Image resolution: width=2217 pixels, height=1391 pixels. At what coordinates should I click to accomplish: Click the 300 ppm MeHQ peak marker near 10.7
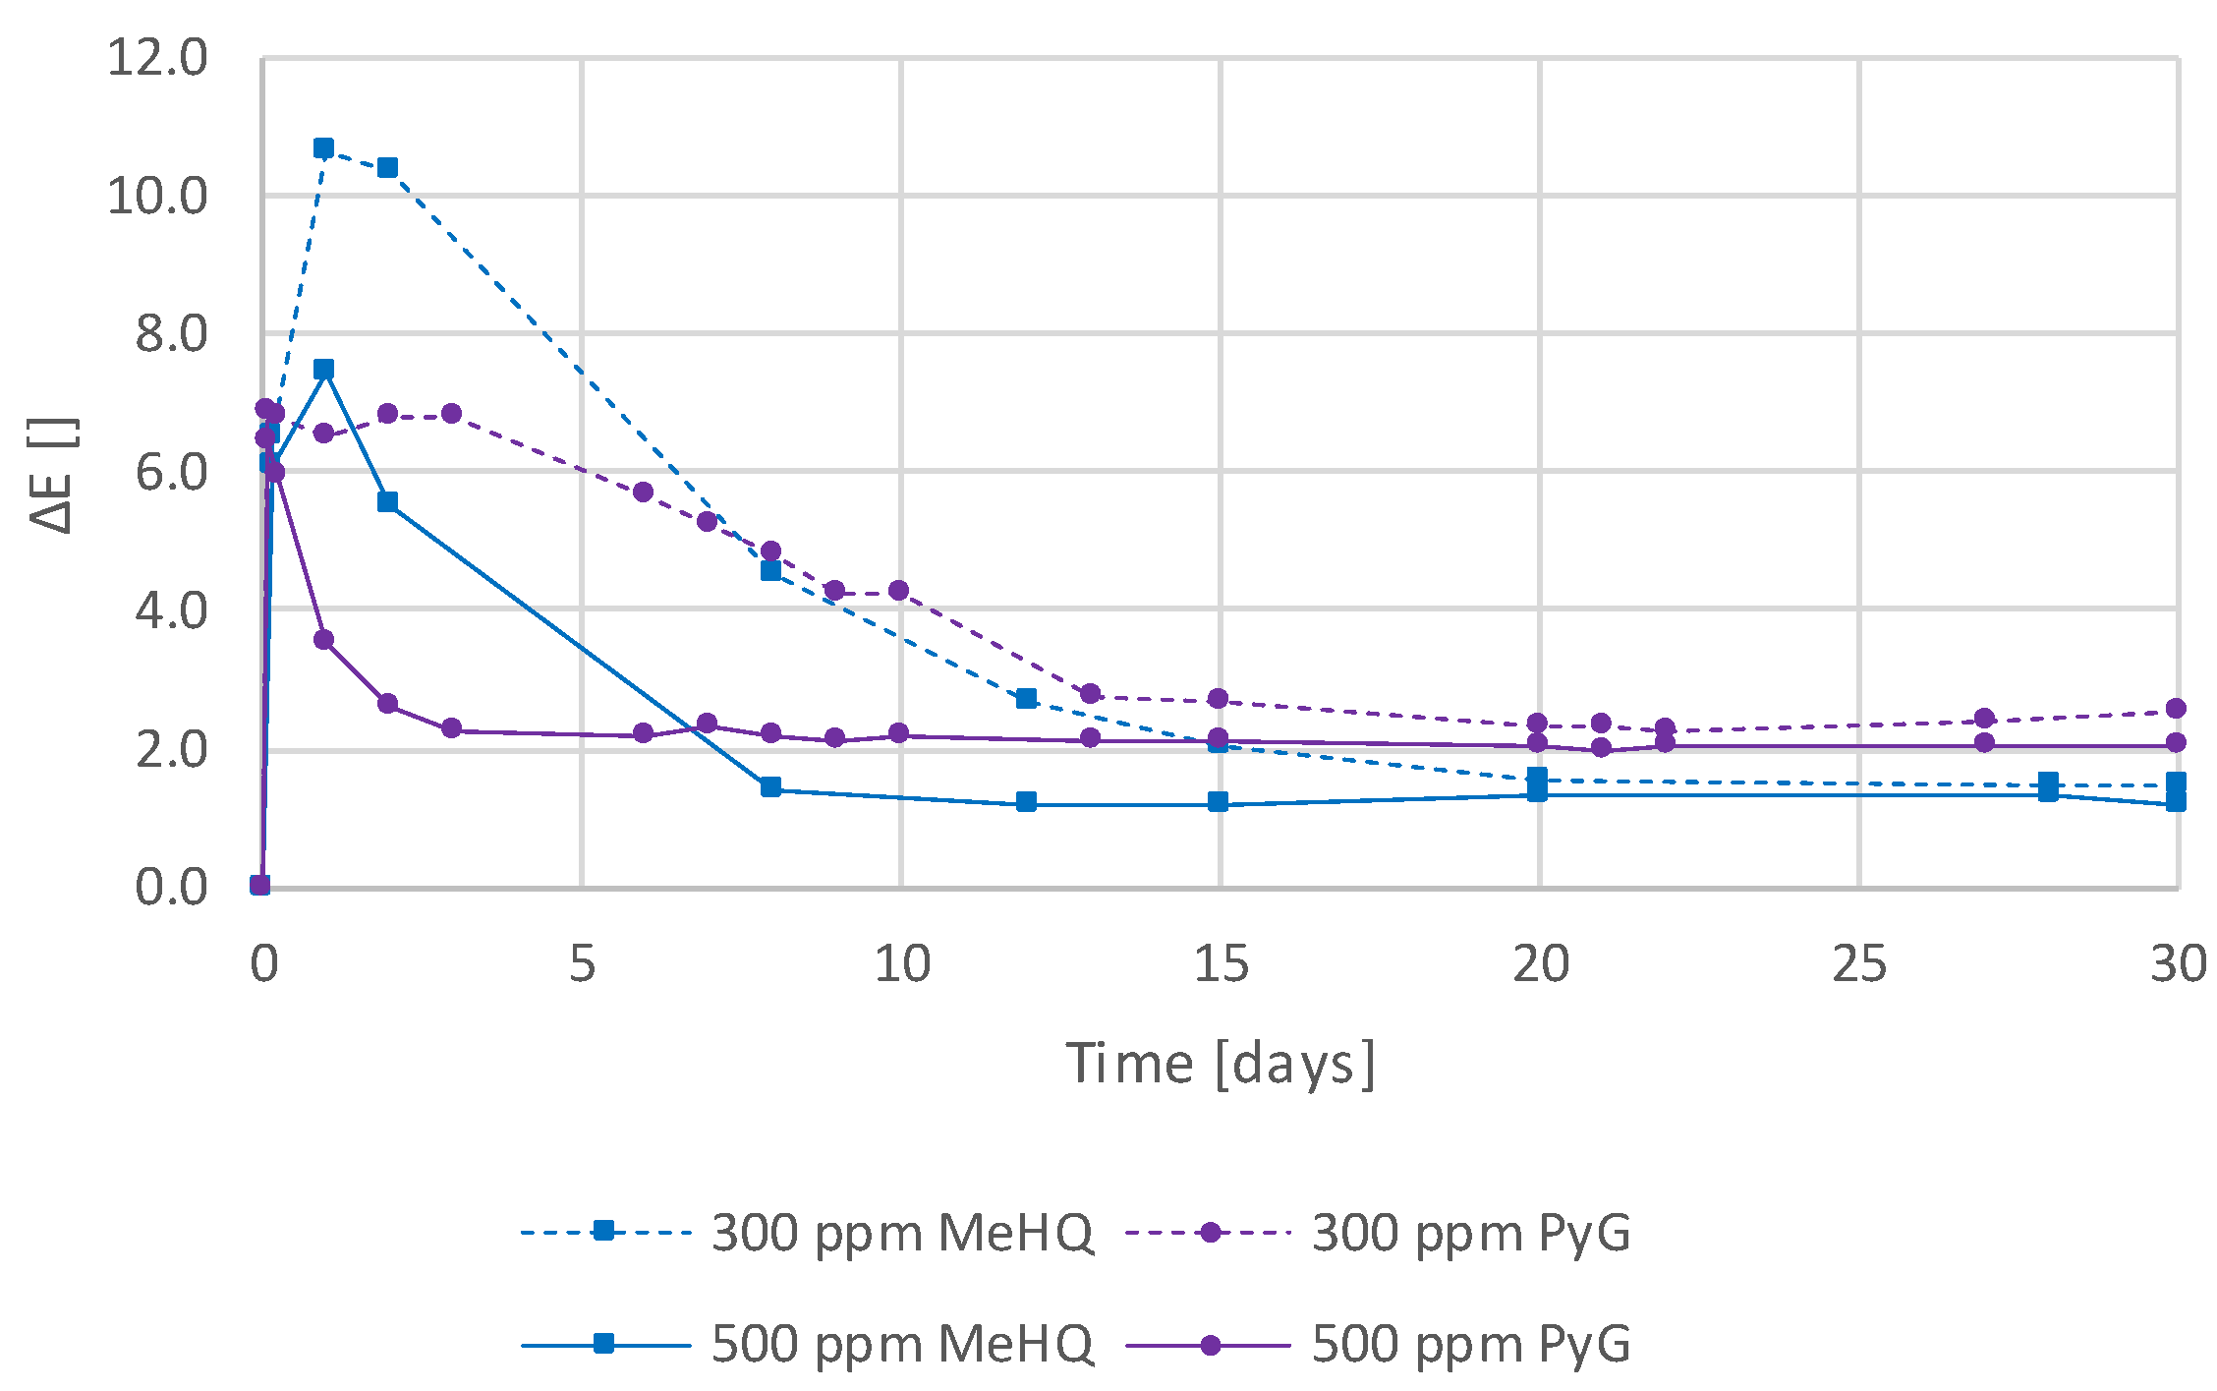click(x=323, y=148)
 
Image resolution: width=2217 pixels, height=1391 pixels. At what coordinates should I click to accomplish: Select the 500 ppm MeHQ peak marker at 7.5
click(x=323, y=370)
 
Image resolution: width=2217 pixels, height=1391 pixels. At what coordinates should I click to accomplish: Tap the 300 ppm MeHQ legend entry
click(x=806, y=1232)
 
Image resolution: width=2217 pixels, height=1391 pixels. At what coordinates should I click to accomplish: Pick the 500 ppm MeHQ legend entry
click(x=806, y=1343)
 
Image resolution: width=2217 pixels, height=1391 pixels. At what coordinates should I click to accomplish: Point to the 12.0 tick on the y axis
click(x=157, y=58)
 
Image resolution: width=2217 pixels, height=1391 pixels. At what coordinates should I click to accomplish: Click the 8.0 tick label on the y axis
click(x=171, y=334)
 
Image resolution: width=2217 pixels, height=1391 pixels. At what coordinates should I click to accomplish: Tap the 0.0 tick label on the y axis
click(x=171, y=887)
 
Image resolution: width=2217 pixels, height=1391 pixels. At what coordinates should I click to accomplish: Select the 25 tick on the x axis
click(x=1859, y=964)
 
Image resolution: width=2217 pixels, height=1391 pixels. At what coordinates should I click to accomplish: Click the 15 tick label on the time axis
click(x=1221, y=964)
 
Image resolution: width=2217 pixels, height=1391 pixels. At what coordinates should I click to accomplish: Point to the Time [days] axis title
click(x=1221, y=1064)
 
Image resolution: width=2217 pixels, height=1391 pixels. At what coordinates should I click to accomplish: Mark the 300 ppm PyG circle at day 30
click(x=2176, y=709)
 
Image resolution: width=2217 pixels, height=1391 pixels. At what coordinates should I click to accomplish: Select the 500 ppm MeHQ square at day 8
click(x=770, y=787)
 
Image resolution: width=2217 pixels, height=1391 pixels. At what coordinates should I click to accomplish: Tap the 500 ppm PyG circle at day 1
click(x=323, y=640)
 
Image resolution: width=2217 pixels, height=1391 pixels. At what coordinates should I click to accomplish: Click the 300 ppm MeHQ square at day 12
click(x=1026, y=699)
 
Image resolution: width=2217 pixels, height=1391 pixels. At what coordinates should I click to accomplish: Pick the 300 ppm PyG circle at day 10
click(x=898, y=591)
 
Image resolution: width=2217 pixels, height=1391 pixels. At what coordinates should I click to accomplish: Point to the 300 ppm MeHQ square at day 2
click(x=387, y=168)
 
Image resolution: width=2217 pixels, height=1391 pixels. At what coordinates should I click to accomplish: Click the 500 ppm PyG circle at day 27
click(x=1984, y=742)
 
